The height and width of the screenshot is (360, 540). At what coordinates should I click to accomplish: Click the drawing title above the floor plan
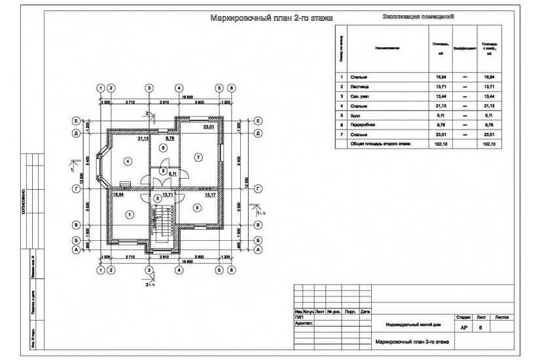tap(271, 19)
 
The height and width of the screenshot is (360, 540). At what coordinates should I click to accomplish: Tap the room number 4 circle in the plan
tap(128, 160)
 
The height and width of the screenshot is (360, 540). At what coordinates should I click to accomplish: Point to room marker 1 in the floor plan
tap(130, 214)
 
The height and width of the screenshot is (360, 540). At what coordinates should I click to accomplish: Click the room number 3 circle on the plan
tap(196, 208)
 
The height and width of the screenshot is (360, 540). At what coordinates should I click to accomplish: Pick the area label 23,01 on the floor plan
tap(209, 128)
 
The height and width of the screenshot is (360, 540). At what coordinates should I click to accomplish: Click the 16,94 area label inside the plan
tap(118, 194)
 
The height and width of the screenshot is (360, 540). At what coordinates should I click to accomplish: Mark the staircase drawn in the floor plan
tap(164, 226)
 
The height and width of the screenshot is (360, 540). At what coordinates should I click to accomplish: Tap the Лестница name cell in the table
tap(361, 86)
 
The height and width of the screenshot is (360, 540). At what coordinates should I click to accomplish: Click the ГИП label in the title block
tap(300, 315)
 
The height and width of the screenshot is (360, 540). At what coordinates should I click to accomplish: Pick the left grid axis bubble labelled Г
tap(77, 189)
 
